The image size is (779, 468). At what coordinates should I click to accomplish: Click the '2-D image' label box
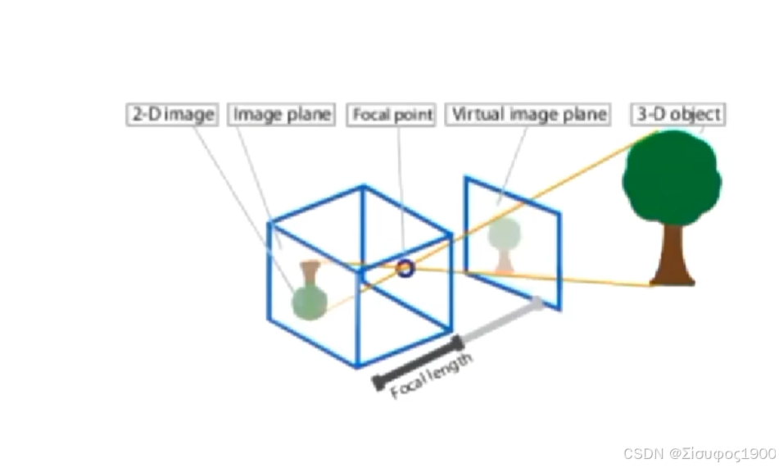tap(172, 114)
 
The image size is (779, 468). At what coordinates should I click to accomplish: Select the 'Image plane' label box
tap(281, 114)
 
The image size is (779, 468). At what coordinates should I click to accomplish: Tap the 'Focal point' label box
tap(392, 115)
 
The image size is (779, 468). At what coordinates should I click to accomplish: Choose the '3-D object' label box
tap(679, 114)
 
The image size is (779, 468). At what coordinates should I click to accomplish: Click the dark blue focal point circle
tap(405, 267)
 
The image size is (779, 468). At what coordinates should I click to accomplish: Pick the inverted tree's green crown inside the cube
tap(310, 301)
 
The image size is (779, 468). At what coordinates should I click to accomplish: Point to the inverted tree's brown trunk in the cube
tap(310, 271)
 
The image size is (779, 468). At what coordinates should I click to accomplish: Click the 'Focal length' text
tap(432, 376)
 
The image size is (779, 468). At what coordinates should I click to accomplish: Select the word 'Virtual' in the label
tap(478, 114)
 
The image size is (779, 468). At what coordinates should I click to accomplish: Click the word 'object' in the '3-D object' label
tap(696, 114)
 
